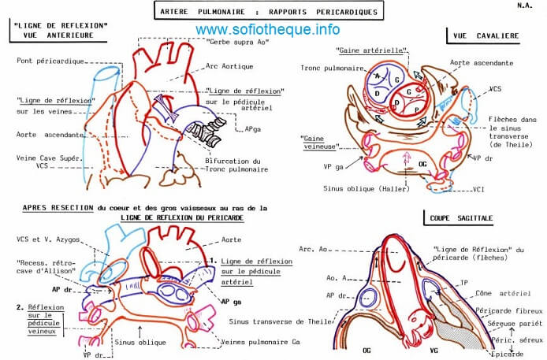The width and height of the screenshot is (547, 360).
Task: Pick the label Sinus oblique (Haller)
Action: [361, 189]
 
